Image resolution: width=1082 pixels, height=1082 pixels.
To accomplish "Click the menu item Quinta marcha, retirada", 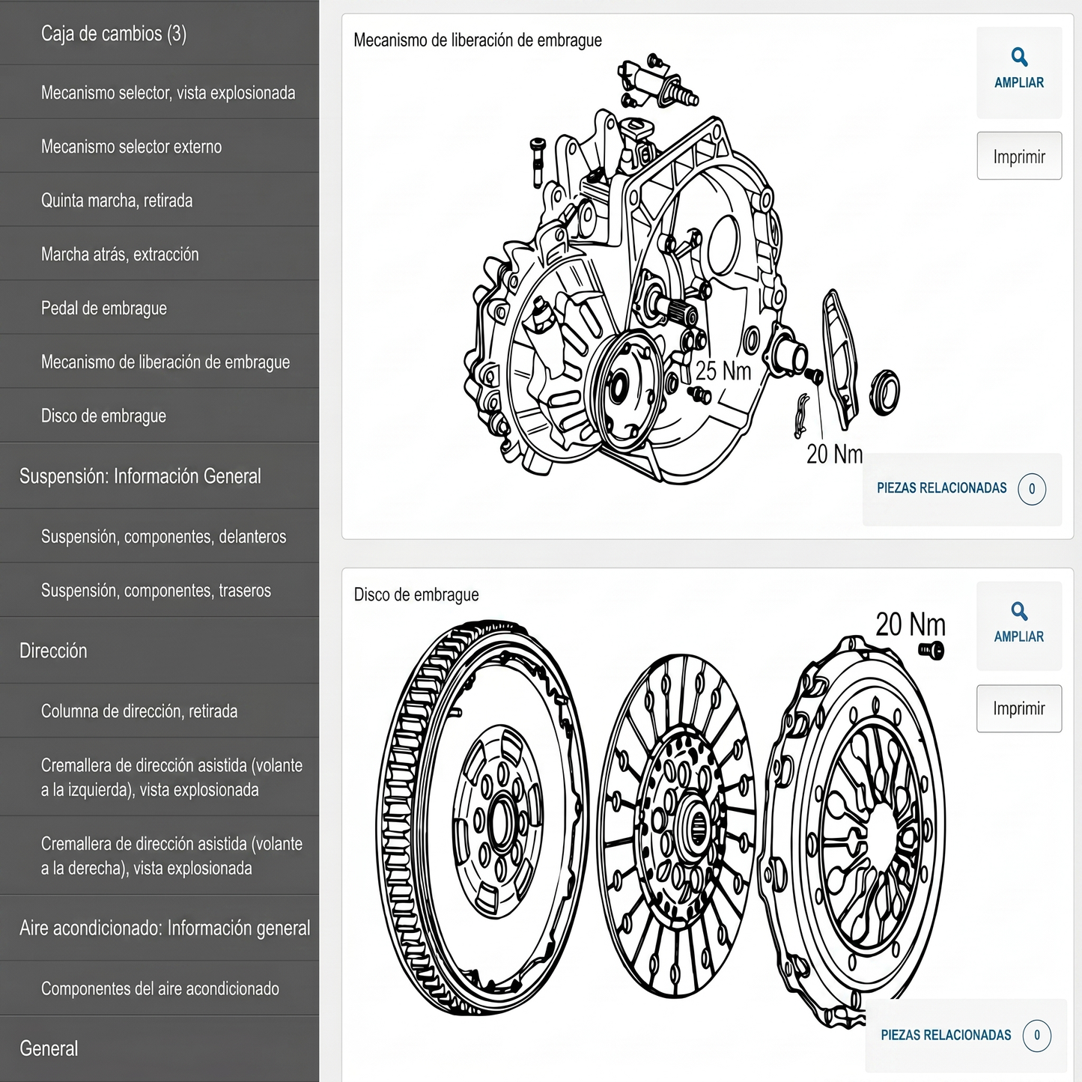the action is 117,201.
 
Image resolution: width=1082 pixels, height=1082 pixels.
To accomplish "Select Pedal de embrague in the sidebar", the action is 104,309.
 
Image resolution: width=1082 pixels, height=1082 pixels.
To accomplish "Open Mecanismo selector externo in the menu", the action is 131,147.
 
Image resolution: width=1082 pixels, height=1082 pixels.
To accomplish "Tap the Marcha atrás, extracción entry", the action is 120,255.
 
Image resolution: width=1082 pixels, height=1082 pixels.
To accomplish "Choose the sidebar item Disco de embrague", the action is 103,416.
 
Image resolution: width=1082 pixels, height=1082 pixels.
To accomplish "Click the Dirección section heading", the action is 53,651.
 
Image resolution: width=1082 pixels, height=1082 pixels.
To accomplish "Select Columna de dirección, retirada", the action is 139,711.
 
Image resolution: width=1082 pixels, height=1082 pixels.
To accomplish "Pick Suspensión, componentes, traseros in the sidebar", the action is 156,590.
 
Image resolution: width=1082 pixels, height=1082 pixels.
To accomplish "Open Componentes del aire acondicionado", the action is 160,989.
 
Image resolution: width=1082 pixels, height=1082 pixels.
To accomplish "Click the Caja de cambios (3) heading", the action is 113,34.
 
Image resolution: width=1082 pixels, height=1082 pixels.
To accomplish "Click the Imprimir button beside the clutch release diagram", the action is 1019,156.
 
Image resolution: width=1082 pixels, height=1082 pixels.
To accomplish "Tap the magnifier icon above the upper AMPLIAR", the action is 1019,57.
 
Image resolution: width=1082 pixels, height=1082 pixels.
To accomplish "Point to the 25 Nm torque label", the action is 723,371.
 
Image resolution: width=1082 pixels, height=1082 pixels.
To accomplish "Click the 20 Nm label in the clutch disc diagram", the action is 911,624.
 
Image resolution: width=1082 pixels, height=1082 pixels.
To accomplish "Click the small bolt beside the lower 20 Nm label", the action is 931,651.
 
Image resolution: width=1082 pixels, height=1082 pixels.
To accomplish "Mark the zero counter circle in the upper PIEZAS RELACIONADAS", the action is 1032,489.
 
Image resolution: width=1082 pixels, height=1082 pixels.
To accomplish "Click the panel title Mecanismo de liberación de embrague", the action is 478,40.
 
